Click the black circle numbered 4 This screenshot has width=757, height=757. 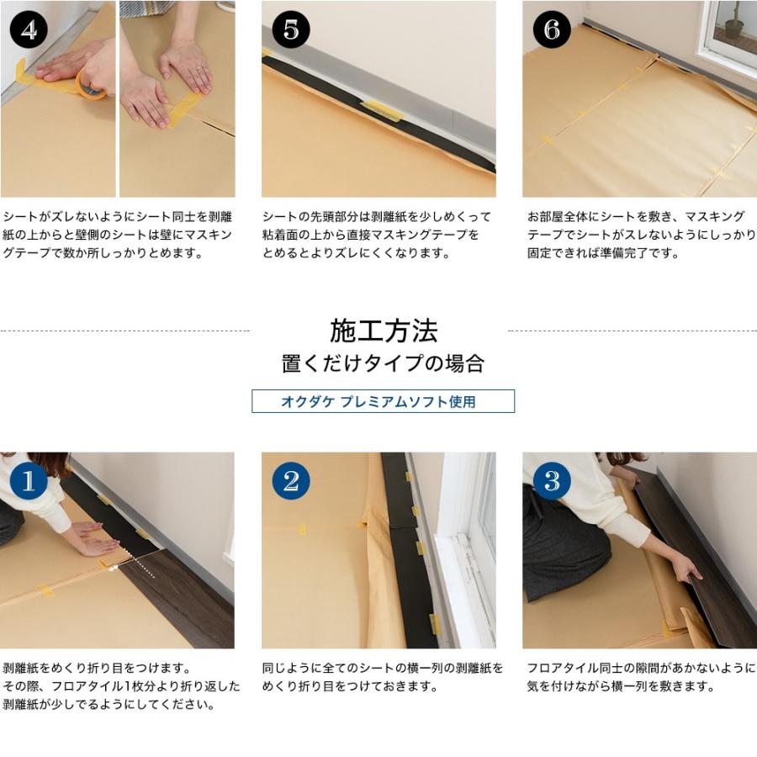click(x=29, y=29)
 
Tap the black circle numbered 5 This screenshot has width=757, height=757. click(x=291, y=29)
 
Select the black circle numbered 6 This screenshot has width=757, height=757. click(x=552, y=29)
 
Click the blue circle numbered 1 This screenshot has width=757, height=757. click(x=29, y=481)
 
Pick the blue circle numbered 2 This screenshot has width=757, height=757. click(x=291, y=481)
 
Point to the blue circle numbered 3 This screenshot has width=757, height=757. click(x=552, y=481)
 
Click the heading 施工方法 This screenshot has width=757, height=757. click(x=384, y=331)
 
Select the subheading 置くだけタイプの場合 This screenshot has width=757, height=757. click(x=383, y=363)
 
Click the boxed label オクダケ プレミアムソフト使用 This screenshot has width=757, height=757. click(x=383, y=401)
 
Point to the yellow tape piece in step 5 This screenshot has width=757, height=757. click(x=381, y=110)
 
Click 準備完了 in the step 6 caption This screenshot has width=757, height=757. click(x=624, y=253)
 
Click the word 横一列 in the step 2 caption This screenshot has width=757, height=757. click(x=426, y=668)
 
